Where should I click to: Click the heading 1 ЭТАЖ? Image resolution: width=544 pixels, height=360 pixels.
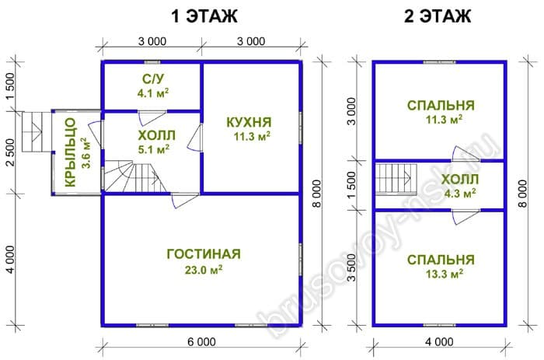click(204, 16)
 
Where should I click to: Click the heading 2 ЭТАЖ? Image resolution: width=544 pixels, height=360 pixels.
click(438, 16)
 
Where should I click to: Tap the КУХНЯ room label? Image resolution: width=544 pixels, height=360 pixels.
click(249, 122)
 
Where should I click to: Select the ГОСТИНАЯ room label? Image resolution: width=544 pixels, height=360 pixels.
click(204, 253)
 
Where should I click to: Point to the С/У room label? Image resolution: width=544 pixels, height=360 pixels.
click(153, 79)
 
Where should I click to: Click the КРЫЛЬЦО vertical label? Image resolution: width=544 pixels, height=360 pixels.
click(71, 152)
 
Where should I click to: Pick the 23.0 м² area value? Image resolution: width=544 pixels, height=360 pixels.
click(204, 269)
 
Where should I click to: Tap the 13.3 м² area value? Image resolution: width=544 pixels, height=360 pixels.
click(445, 274)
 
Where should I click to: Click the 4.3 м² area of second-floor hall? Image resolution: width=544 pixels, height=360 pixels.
click(460, 193)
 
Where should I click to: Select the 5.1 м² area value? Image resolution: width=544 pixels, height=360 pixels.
click(153, 149)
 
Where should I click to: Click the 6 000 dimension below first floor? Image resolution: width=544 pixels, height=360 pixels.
click(201, 342)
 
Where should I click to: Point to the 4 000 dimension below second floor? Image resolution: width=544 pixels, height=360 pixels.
click(439, 342)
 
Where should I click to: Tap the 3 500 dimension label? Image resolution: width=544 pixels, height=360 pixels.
click(351, 267)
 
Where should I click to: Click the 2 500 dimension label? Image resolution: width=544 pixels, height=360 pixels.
click(10, 152)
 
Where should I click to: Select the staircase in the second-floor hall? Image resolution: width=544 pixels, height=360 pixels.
click(396, 178)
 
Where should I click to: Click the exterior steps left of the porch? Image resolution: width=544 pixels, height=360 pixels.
click(33, 131)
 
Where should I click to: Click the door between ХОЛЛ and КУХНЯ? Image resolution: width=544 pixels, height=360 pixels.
click(194, 138)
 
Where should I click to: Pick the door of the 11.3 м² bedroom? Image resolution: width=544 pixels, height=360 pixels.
click(466, 153)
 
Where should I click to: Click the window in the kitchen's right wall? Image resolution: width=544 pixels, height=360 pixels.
click(300, 127)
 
